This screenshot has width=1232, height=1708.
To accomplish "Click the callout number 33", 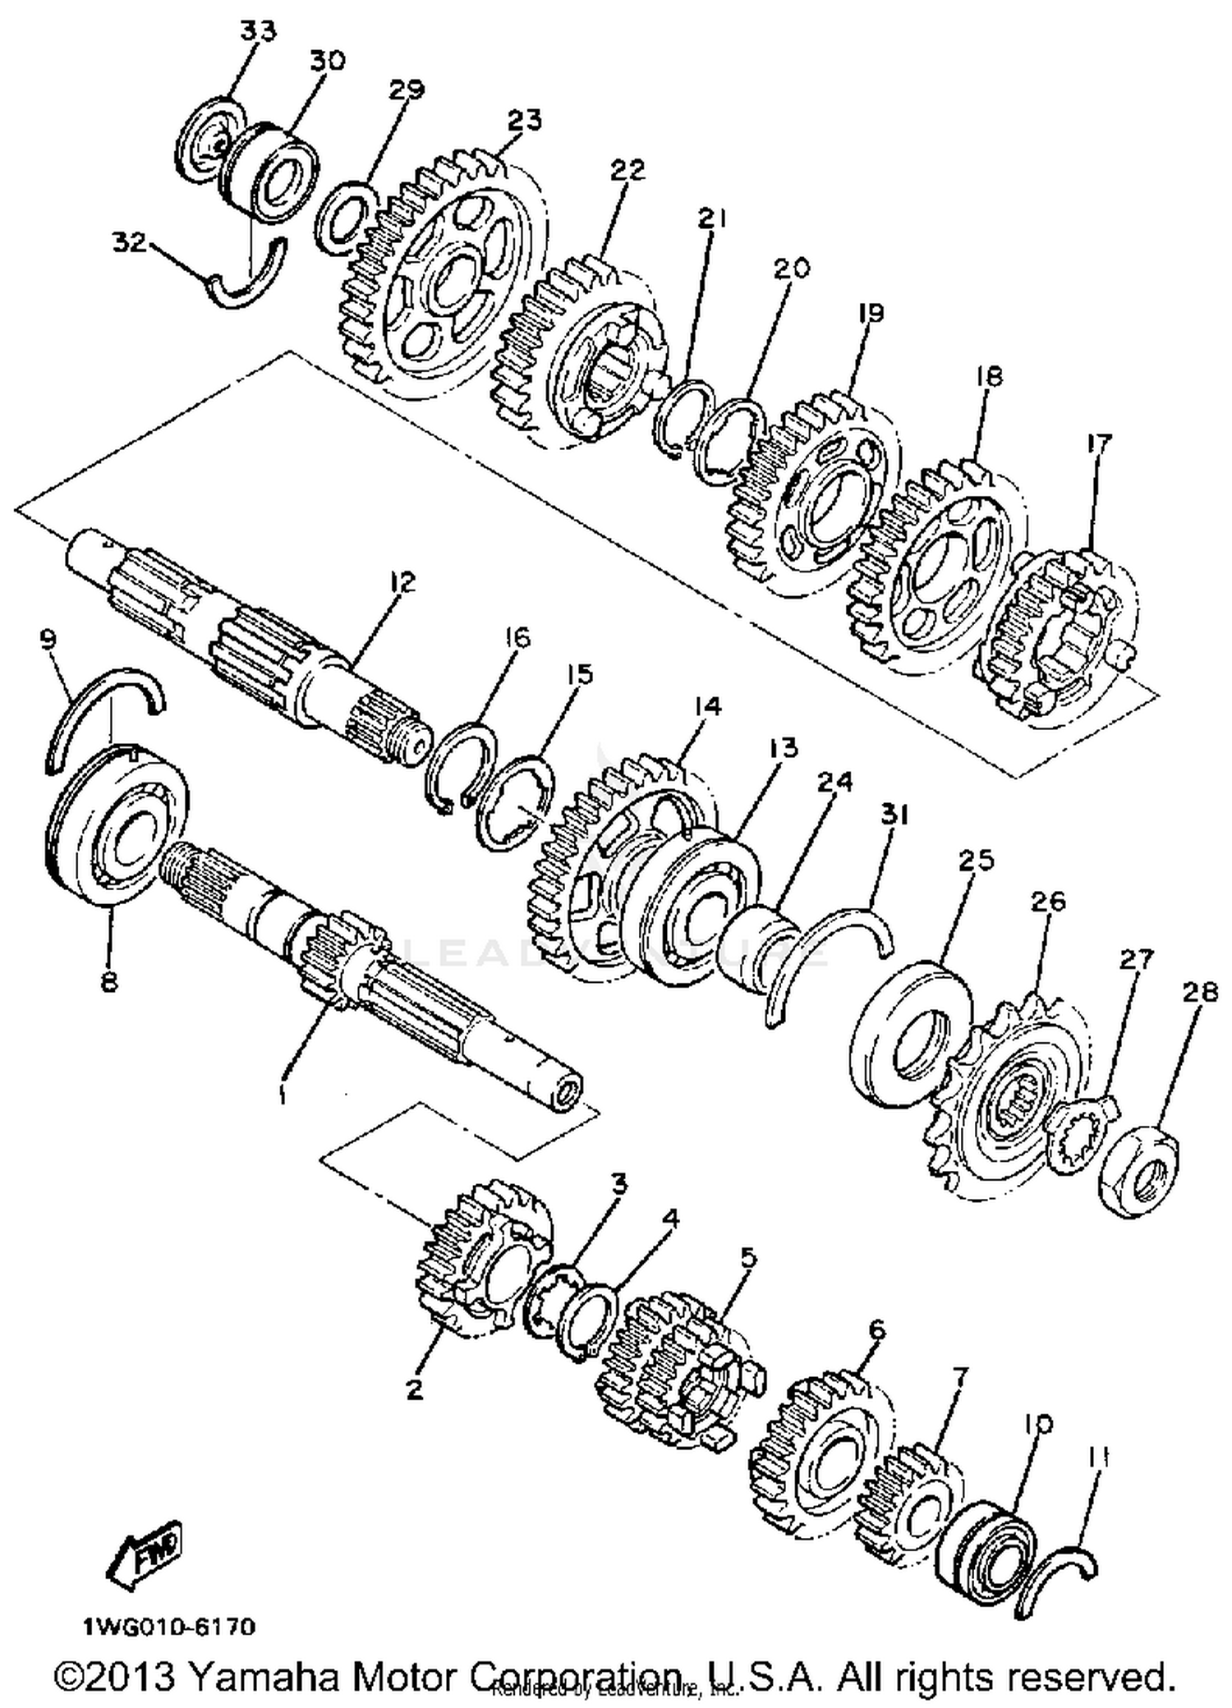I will tap(258, 32).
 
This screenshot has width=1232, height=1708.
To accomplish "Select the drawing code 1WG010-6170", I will tap(168, 1627).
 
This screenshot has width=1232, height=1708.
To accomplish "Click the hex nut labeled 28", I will tap(1139, 1173).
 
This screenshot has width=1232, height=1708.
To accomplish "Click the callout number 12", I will tap(402, 582).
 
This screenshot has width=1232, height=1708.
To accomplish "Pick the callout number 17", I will tap(1098, 444).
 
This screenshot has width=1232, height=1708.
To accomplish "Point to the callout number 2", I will tap(415, 1389).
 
